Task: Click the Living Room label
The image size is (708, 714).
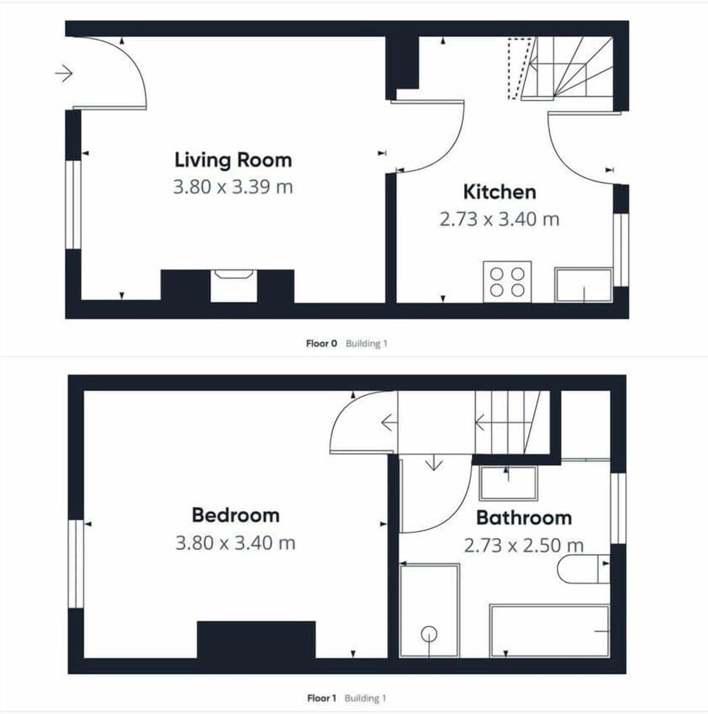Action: pyautogui.click(x=233, y=159)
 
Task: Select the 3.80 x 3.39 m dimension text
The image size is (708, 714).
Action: pyautogui.click(x=233, y=187)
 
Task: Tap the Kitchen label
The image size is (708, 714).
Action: pyautogui.click(x=499, y=192)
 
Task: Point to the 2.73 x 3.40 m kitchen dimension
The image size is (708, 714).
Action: pyautogui.click(x=499, y=219)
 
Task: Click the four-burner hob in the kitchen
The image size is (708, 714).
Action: pyautogui.click(x=507, y=281)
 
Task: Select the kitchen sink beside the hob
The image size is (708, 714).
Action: pyautogui.click(x=583, y=285)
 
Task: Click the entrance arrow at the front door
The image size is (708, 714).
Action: pyautogui.click(x=64, y=73)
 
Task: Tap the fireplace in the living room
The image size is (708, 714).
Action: pyautogui.click(x=233, y=285)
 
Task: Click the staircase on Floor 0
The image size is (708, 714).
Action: pyautogui.click(x=568, y=68)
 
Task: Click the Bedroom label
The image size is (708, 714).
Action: pyautogui.click(x=235, y=515)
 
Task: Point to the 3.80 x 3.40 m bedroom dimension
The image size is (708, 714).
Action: pyautogui.click(x=235, y=543)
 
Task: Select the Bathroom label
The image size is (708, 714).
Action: pyautogui.click(x=524, y=517)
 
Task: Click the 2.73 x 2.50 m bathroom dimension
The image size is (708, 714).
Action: pyautogui.click(x=524, y=545)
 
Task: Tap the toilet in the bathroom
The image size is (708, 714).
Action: pyautogui.click(x=583, y=569)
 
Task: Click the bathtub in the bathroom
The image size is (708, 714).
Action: pyautogui.click(x=549, y=631)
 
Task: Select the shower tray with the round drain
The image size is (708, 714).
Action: pyautogui.click(x=429, y=610)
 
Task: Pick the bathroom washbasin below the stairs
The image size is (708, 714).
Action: pyautogui.click(x=508, y=483)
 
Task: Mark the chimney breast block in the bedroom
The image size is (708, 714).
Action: pyautogui.click(x=256, y=639)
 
